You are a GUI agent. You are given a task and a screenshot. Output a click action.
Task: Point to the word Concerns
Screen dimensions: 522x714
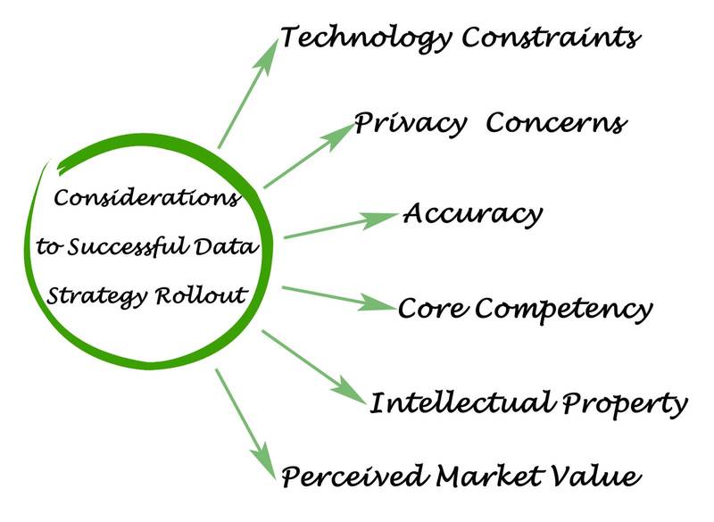click(555, 122)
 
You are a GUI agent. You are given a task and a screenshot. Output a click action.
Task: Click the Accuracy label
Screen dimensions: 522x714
click(472, 215)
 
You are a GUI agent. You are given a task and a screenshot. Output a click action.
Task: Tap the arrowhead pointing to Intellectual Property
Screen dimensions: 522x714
click(350, 391)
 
